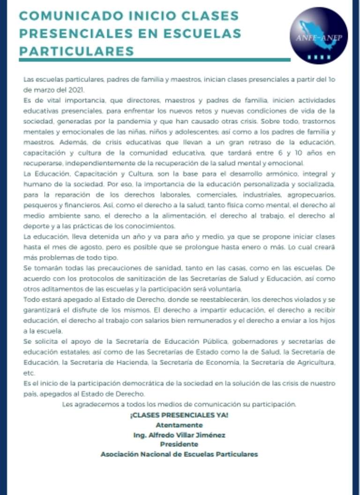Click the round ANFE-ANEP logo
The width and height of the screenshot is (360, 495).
click(x=319, y=35)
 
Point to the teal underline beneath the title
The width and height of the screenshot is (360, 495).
click(x=155, y=60)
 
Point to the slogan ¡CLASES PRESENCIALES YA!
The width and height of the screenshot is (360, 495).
click(x=179, y=416)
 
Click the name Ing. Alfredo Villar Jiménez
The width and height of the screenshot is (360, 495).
click(x=179, y=435)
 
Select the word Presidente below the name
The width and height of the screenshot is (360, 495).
click(x=179, y=444)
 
